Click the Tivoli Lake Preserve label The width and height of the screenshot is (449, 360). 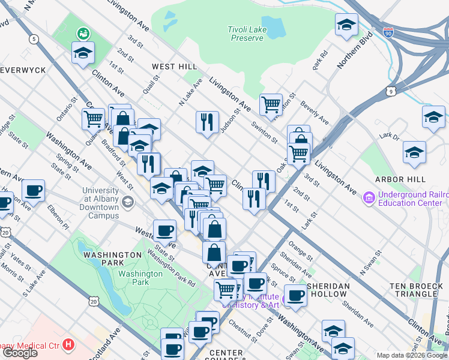246,34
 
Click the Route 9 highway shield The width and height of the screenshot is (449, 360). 391,91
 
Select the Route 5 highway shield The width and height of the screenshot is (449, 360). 34,39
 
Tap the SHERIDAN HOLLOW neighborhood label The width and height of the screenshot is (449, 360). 327,290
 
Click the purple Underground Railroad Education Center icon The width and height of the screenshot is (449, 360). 369,197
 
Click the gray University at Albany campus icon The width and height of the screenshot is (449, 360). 127,201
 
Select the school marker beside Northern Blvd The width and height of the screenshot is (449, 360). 346,25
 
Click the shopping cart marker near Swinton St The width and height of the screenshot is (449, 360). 271,104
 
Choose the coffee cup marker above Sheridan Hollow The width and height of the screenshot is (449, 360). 295,295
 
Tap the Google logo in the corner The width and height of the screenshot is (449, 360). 20,352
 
